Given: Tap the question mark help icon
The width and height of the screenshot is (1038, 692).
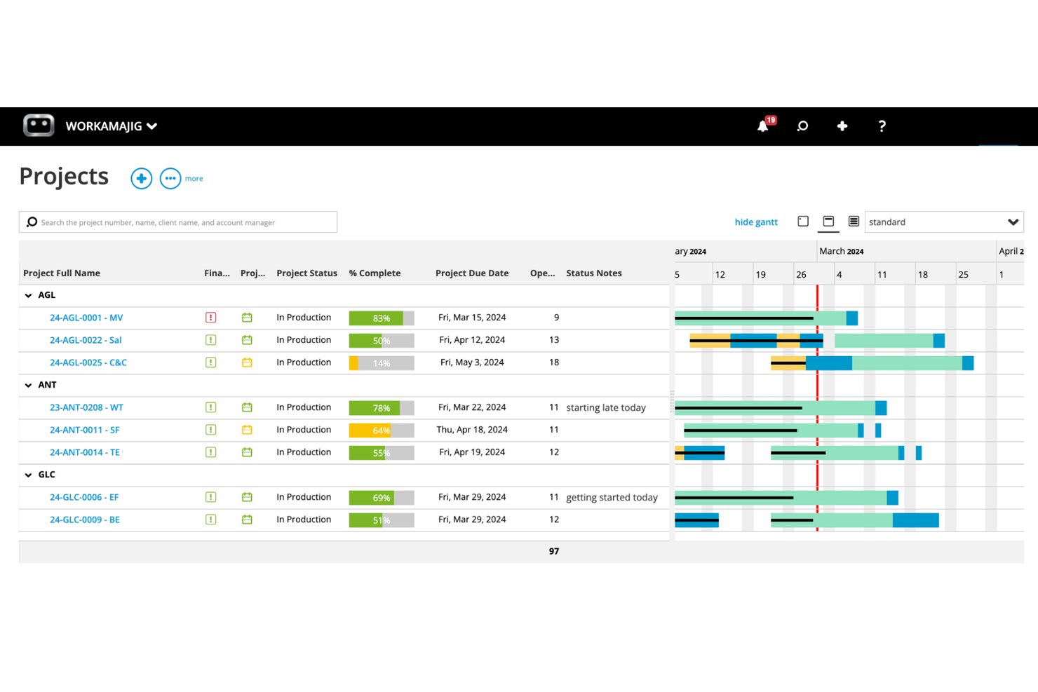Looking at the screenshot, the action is point(882,126).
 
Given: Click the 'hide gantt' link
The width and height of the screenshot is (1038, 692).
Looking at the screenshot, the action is point(756,222).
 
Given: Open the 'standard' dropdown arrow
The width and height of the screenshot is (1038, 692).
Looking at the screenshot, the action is point(1013,222).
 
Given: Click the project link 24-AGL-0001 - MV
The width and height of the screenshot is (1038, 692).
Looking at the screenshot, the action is point(86,318).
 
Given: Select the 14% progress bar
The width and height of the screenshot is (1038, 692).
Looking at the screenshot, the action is point(382,362).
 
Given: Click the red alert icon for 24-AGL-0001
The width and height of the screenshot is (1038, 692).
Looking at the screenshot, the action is point(210,318).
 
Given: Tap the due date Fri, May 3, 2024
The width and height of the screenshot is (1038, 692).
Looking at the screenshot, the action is point(472,362).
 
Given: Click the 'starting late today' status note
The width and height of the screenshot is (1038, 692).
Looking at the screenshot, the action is point(606,407).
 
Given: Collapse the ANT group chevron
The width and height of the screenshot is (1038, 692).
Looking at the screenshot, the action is point(28,385).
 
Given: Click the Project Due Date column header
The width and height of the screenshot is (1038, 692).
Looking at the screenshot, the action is point(472,273).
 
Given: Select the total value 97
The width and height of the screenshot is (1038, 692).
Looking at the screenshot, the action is point(554,551).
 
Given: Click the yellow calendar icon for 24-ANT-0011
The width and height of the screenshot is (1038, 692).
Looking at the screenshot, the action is point(247,430).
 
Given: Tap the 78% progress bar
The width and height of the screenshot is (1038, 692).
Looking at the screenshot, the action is point(382,407).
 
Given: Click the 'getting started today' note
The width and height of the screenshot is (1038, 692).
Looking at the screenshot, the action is point(612,498).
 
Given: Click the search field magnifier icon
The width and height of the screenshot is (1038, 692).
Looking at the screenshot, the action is point(32,222).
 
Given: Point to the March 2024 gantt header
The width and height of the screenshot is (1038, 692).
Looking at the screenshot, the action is point(841,251).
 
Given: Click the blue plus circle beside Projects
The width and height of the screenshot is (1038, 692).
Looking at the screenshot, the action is point(142,178).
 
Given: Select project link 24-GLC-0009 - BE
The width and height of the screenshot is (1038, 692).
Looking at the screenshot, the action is point(85,520).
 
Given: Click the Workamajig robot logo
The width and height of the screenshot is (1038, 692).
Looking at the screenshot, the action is point(39,125).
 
